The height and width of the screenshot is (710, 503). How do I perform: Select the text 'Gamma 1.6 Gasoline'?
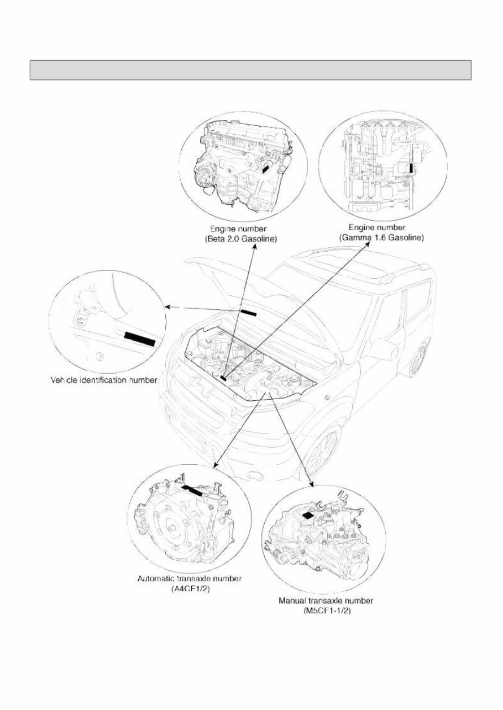point(381,237)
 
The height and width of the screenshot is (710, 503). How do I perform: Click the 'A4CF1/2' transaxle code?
point(191,589)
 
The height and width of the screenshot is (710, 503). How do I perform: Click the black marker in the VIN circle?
point(139,338)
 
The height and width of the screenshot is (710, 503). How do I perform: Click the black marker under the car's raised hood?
point(249,313)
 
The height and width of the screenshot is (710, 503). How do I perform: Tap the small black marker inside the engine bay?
point(223,378)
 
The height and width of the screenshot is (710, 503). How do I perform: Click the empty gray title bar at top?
point(250,70)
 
